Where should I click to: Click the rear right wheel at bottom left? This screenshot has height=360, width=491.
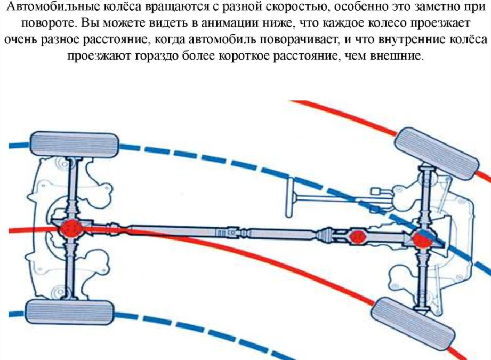tap(70, 312)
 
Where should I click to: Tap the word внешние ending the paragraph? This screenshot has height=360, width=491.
tap(397, 56)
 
